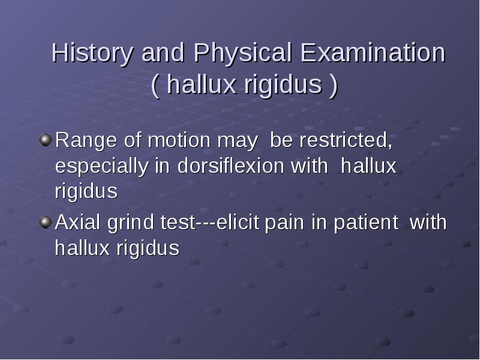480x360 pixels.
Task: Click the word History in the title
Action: [x=92, y=53]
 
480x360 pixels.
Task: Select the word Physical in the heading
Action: [x=242, y=53]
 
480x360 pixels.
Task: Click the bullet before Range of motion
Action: [x=46, y=140]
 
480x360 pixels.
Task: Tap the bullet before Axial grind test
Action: [x=46, y=222]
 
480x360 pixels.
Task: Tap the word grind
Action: [x=130, y=223]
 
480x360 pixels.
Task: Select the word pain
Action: [x=284, y=223]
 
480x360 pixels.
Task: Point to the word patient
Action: [x=366, y=223]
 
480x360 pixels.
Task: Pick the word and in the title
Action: [x=163, y=52]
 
